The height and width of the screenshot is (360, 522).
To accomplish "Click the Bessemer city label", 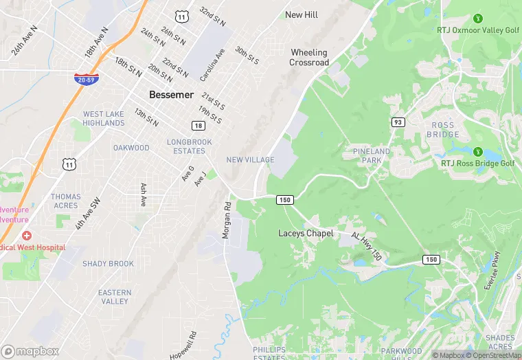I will [171, 95].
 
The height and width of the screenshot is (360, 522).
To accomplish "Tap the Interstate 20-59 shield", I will [87, 78].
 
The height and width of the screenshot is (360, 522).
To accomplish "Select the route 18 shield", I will [198, 126].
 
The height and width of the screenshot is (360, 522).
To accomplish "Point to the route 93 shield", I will [398, 122].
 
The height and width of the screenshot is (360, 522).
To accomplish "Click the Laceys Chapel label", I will [306, 234].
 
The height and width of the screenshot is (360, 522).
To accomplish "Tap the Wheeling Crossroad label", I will [309, 57].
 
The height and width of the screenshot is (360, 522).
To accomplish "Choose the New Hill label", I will [303, 15].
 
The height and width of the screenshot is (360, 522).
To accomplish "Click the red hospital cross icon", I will [26, 236].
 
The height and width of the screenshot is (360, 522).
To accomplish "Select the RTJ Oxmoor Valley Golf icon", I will [478, 18].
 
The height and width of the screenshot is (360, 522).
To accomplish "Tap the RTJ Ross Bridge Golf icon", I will [478, 152].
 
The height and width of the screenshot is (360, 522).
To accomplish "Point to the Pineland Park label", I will [371, 155].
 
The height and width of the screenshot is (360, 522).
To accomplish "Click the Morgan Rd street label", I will [226, 220].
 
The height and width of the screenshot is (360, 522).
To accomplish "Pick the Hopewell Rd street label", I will [193, 345].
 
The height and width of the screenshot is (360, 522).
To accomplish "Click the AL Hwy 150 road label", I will [366, 245].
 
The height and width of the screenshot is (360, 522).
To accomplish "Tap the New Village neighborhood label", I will [250, 160].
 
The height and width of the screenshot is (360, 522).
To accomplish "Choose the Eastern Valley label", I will [114, 297].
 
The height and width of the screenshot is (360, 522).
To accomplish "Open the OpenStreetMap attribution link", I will [493, 355].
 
